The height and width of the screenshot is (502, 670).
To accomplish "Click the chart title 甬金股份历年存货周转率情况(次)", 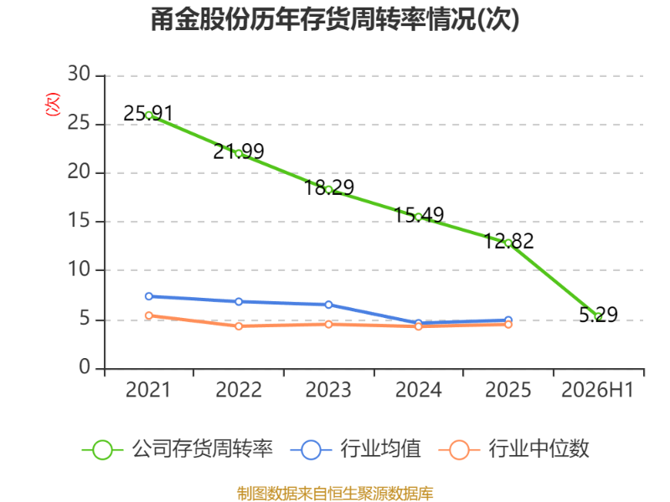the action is point(335,19).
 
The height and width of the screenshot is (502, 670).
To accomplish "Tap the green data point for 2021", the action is point(149,115).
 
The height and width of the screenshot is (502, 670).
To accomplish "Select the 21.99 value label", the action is point(239,151).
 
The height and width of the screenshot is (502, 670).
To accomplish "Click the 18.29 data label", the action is point(328,187).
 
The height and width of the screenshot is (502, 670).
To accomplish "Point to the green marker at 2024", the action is point(418,217).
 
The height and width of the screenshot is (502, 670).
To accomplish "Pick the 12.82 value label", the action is point(508,241).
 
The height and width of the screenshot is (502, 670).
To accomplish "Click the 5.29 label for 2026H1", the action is point(598,315).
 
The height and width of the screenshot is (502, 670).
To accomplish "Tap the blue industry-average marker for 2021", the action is point(149,296).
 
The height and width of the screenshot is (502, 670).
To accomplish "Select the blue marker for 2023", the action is point(328,305).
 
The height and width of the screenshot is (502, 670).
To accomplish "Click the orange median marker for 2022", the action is point(239,326).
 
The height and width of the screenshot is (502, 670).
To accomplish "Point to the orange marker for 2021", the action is point(149,315).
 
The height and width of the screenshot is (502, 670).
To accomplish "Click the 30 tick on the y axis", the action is point(79,74).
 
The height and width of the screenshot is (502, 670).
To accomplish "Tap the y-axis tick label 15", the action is point(79,221).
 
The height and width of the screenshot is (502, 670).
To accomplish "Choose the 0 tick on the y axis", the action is point(85,367).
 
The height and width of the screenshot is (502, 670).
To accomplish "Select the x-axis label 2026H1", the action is point(597,390).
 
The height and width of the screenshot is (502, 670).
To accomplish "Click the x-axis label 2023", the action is point(328,390).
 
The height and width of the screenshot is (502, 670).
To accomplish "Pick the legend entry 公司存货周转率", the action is point(178,449).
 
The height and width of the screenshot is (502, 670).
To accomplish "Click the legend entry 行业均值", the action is point(355,449).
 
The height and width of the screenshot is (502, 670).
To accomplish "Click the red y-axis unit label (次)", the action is point(53,105).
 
